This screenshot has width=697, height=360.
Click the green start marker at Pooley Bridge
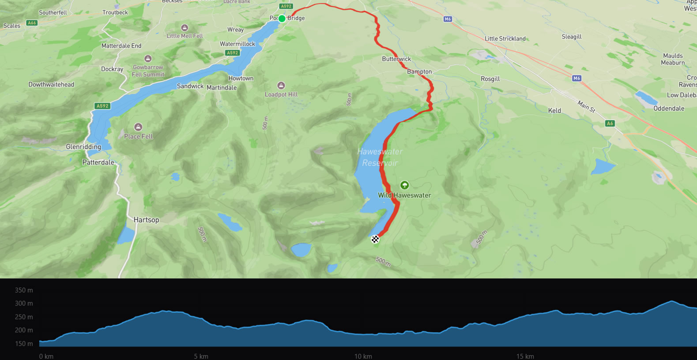click(x=282, y=19)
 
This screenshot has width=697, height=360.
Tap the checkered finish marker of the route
click(x=375, y=239)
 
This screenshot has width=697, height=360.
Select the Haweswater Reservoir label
click(x=380, y=157)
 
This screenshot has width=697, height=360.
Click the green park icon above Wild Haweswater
click(x=404, y=185)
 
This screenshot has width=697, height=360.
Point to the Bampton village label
click(x=419, y=71)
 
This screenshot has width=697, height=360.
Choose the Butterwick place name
click(x=396, y=59)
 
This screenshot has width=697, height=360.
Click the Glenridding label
click(x=83, y=146)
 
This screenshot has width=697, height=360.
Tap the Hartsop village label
click(x=146, y=220)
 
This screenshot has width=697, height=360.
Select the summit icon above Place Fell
click(x=138, y=127)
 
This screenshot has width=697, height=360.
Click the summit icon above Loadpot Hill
click(x=281, y=85)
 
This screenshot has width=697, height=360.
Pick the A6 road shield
click(x=610, y=124)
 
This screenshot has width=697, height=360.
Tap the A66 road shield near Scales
click(x=32, y=23)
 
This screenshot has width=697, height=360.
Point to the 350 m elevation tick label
click(x=24, y=290)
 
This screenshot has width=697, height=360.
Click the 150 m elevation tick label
click(x=24, y=344)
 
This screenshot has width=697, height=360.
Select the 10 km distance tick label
click(x=363, y=356)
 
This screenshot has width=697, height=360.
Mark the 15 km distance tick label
click(x=525, y=356)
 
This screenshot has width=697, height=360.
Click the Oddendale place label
click(x=669, y=109)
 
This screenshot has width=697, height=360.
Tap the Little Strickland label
click(x=505, y=38)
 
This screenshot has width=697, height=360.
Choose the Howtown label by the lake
click(x=241, y=78)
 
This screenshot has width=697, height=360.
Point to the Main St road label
click(x=586, y=106)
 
